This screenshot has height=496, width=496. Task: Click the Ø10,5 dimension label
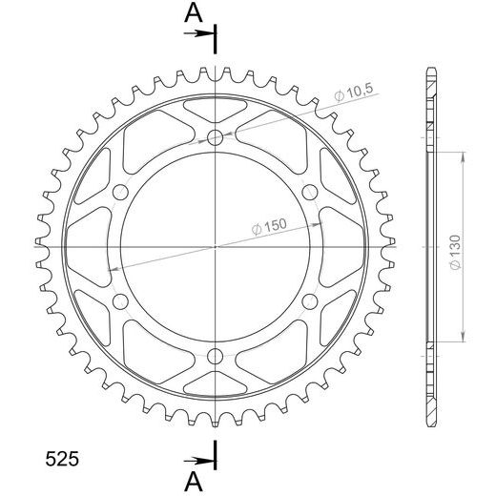click(354, 93)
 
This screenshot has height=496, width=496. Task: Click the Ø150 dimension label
click(269, 226)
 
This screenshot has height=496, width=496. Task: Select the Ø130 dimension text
click(455, 253)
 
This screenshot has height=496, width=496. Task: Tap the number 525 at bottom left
click(62, 459)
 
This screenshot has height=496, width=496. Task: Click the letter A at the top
click(194, 13)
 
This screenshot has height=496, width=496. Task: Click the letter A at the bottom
click(194, 481)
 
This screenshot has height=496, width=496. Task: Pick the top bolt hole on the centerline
click(215, 137)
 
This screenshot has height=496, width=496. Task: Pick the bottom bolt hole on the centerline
click(215, 356)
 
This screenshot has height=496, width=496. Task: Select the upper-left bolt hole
click(120, 193)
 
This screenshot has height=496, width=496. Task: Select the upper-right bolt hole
click(309, 193)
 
